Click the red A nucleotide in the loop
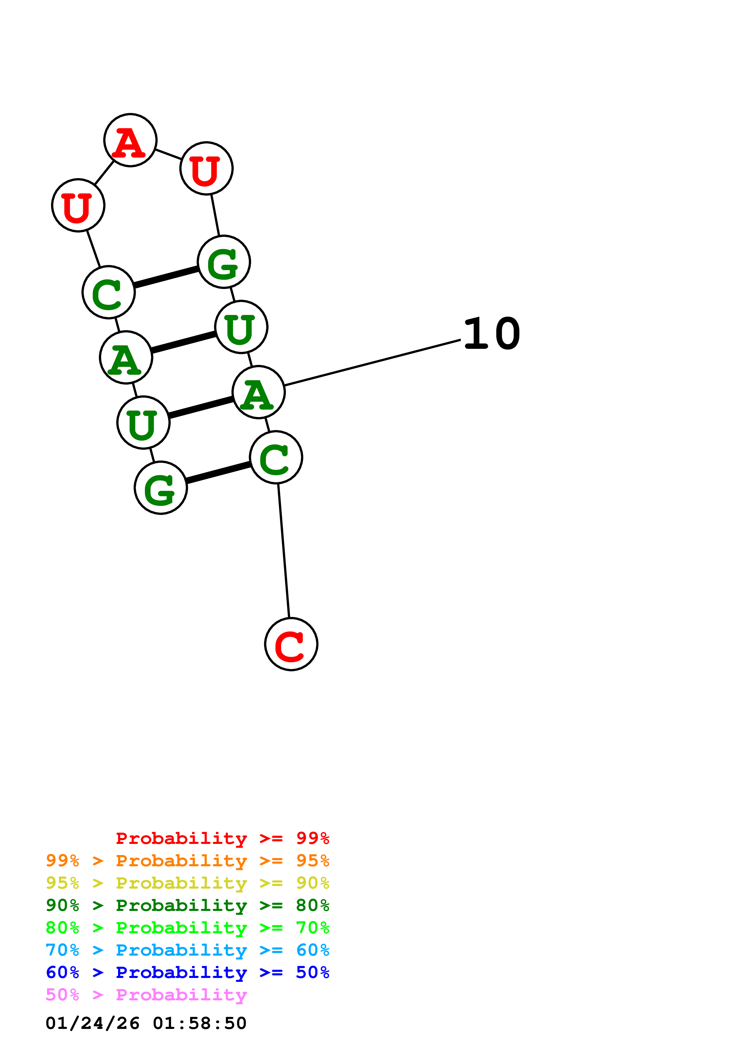click(130, 140)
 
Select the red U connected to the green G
click(206, 168)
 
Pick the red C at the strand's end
click(291, 644)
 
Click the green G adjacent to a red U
click(224, 262)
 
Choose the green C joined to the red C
click(276, 458)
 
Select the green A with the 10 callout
click(258, 392)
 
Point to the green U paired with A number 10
click(143, 423)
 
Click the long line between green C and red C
click(284, 551)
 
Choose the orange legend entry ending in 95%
click(187, 861)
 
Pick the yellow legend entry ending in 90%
click(187, 883)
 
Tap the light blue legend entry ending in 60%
click(187, 950)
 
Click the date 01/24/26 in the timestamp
click(92, 1023)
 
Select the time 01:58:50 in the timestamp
click(199, 1023)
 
